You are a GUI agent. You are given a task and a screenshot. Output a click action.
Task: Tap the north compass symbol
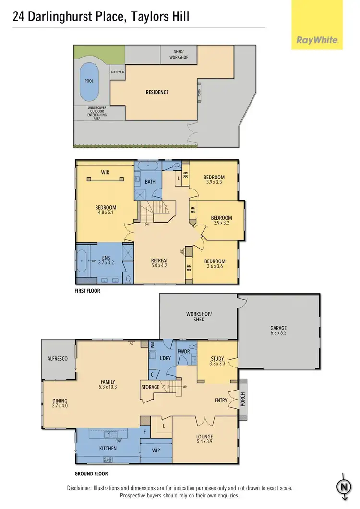point(344,486)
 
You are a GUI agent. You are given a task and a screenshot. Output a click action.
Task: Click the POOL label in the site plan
point(89,81)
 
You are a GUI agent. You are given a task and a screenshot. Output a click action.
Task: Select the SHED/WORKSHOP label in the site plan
point(179,54)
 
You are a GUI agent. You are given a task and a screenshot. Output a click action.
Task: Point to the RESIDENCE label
point(157,92)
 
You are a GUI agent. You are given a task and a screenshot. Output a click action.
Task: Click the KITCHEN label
point(108,449)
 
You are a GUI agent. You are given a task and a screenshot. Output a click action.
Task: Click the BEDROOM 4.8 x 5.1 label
point(106,211)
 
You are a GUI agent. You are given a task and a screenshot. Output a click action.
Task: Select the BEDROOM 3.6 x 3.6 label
point(214,264)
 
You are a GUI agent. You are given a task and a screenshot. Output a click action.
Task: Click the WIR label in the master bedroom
point(106,171)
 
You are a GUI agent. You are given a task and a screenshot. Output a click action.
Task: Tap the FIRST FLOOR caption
point(87,291)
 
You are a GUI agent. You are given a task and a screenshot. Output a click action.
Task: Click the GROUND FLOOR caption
point(91,473)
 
